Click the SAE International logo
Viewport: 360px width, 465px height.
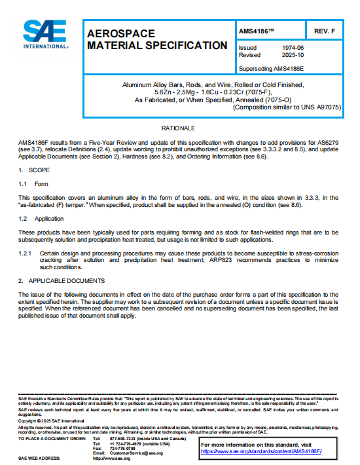pyautogui.click(x=45, y=35)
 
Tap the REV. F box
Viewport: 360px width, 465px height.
pyautogui.click(x=325, y=31)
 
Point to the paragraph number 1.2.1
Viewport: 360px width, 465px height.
pyautogui.click(x=26, y=252)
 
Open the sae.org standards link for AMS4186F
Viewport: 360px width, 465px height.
pyautogui.click(x=262, y=451)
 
